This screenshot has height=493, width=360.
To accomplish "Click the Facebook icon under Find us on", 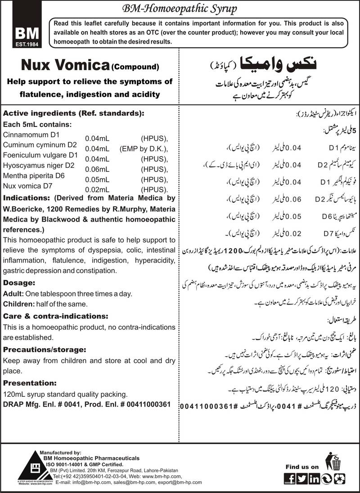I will click(x=291, y=479).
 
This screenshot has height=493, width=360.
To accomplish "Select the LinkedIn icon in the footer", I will click(x=314, y=479).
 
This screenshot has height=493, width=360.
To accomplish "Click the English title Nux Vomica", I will click(x=63, y=66).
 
